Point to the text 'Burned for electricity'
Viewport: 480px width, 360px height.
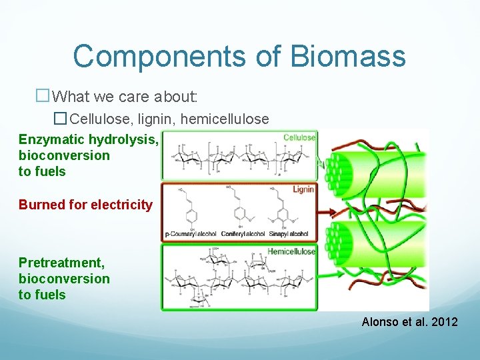85,205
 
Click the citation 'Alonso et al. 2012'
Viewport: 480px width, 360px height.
409,322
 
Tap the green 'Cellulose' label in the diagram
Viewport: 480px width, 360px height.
299,137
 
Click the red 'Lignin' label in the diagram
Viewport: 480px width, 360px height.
303,190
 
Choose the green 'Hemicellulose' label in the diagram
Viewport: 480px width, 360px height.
291,251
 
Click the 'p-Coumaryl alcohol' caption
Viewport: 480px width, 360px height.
191,235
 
